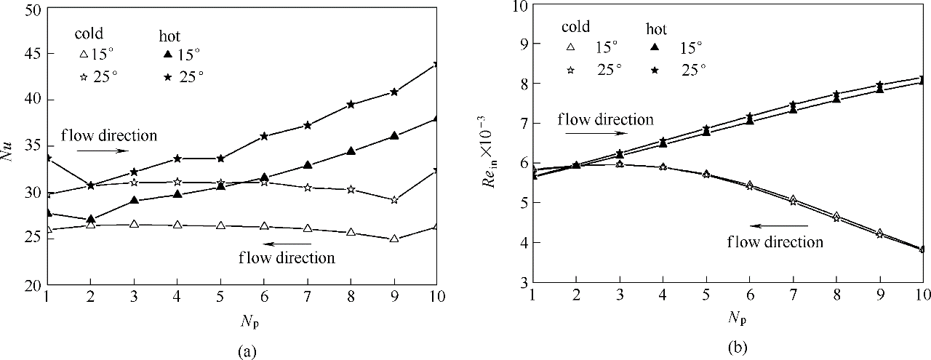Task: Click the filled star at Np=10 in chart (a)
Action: pyautogui.click(x=436, y=64)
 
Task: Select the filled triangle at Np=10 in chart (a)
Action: pyautogui.click(x=436, y=119)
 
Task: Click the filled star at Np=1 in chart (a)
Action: pyautogui.click(x=47, y=158)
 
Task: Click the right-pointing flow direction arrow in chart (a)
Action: pyautogui.click(x=103, y=151)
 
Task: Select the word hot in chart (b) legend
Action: pyautogui.click(x=657, y=29)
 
